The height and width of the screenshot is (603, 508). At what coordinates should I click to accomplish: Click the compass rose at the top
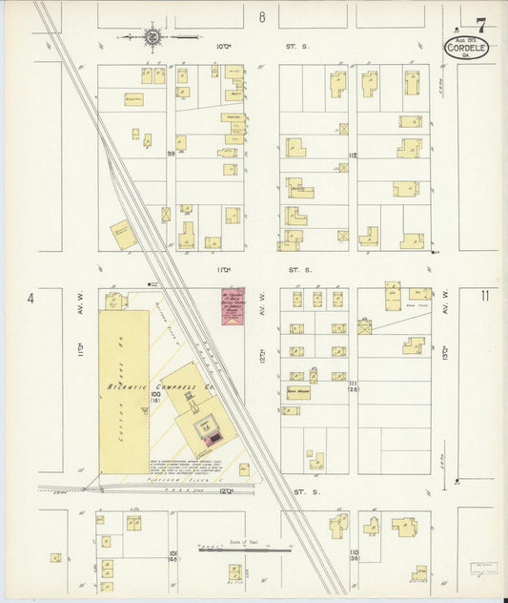[152, 38]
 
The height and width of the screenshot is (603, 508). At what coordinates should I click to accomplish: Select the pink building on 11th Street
[233, 306]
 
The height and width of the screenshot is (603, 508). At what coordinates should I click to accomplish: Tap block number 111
[352, 383]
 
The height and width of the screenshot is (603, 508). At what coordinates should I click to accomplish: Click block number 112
[352, 156]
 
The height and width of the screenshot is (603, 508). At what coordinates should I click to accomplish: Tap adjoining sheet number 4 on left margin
[31, 299]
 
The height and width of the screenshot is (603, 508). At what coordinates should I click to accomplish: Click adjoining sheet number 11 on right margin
[485, 296]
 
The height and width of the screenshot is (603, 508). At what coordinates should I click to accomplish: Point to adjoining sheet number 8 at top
[261, 17]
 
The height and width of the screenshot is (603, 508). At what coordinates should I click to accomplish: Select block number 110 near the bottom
[352, 554]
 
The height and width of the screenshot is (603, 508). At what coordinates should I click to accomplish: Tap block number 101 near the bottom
[173, 554]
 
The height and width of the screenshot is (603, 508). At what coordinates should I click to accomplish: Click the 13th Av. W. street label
[444, 361]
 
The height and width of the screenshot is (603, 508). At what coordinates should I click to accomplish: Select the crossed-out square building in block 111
[363, 326]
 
